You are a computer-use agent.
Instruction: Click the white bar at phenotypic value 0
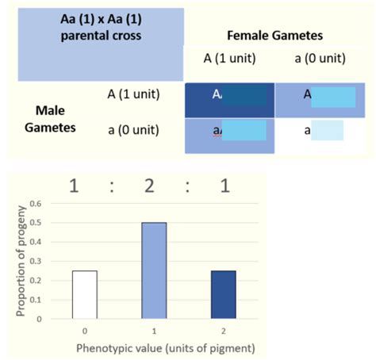[x=84, y=293]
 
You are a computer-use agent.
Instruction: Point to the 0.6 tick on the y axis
[x=35, y=202]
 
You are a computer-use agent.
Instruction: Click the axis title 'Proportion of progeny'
[x=17, y=259]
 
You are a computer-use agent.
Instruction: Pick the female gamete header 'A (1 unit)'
[x=224, y=59]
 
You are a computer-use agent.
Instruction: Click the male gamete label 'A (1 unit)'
[x=134, y=94]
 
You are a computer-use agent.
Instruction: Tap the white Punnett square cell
[x=320, y=133]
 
